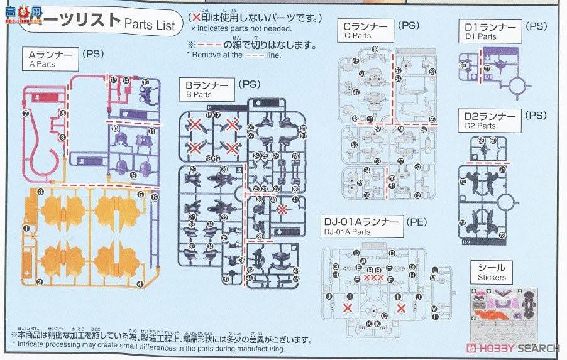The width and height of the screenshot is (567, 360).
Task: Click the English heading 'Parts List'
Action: [x=150, y=25]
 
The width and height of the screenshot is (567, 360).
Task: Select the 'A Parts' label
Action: [x=42, y=64]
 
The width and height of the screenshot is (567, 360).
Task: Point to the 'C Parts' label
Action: [x=358, y=36]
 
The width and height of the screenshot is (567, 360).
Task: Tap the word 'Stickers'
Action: [x=491, y=277]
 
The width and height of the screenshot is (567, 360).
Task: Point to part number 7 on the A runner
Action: [x=25, y=114]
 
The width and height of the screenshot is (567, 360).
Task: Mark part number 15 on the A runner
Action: [x=145, y=82]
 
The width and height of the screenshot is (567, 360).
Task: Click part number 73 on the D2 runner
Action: [x=502, y=236]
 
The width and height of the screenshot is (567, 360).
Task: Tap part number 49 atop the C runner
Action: [x=375, y=50]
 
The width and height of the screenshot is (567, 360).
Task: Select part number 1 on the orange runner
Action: [x=26, y=230]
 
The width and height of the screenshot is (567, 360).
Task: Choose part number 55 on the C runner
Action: [x=432, y=119]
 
